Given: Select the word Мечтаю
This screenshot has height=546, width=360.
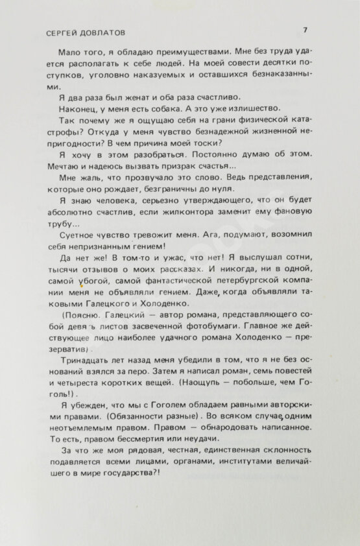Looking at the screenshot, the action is (76, 167).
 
